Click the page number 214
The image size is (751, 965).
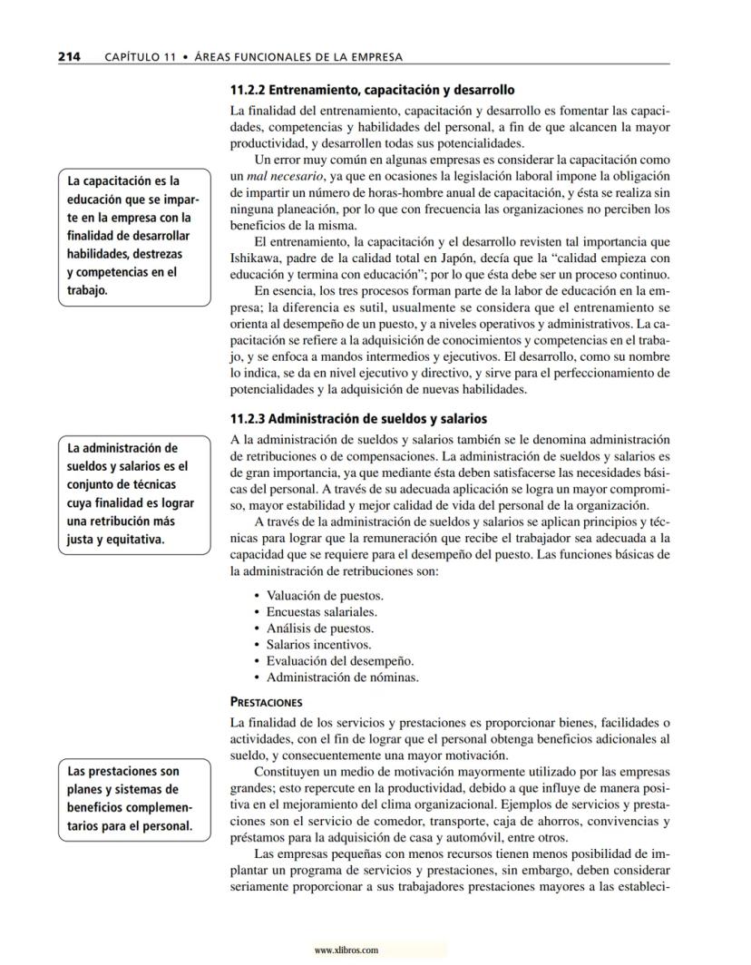69,56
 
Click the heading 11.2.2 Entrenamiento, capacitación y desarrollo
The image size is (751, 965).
373,91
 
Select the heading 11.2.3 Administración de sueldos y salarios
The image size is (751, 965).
359,419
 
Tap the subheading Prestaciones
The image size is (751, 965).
267,701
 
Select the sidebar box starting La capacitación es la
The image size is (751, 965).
134,236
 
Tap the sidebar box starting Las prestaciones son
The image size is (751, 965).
134,799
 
